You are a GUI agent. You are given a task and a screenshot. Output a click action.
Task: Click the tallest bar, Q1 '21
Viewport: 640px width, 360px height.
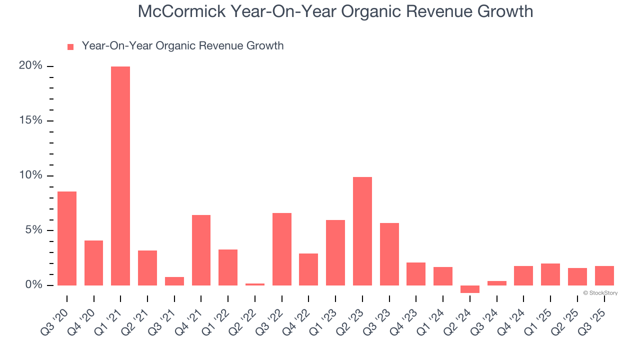120,175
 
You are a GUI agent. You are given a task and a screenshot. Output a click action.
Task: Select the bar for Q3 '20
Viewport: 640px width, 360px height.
67,238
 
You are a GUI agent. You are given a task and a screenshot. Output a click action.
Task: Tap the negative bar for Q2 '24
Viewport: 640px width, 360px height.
470,289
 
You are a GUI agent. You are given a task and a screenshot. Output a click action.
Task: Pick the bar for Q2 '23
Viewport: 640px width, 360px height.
362,231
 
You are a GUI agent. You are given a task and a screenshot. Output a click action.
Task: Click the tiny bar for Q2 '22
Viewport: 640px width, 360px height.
255,284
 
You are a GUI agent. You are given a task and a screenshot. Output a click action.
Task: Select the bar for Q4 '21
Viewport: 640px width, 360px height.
201,250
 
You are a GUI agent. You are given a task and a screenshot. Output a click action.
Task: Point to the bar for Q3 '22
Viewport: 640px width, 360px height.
282,249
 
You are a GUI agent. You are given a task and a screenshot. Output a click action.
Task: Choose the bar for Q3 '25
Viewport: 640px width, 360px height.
604,275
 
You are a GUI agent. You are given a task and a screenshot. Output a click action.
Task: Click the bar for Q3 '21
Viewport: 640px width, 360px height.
174,281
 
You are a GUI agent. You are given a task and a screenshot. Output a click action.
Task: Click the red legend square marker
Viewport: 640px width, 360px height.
70,46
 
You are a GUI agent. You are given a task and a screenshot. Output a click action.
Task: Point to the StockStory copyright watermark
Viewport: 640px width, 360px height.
600,293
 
